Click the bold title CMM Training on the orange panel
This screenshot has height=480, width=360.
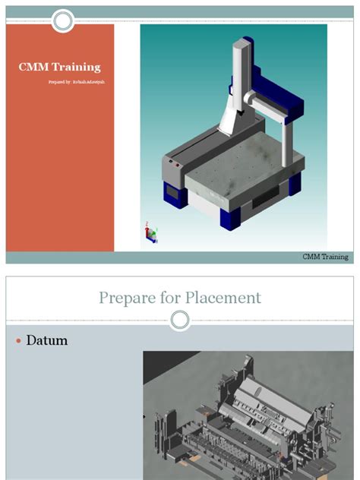pos(59,68)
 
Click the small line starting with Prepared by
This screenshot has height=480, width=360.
pos(71,81)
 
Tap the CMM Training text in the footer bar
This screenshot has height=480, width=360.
pos(325,257)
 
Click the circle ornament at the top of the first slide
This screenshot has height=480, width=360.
pos(64,20)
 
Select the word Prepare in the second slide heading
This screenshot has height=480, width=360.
pos(126,298)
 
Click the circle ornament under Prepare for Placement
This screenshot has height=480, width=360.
pos(180,320)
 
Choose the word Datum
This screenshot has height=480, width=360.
pos(47,341)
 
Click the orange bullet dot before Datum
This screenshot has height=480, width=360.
pos(18,342)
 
